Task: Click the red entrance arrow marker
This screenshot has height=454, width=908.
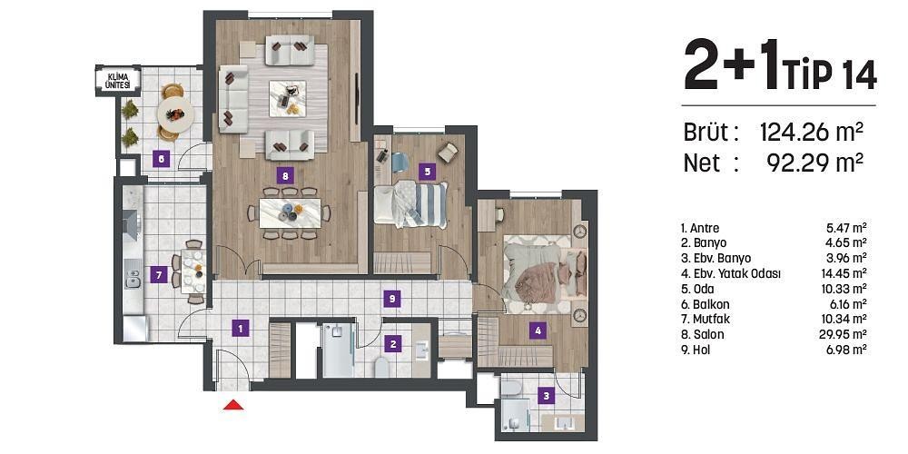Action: [233, 405]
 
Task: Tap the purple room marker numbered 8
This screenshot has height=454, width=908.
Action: [286, 177]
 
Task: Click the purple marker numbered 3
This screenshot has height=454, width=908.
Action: [546, 395]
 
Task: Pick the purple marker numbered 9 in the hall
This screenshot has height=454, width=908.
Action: [391, 297]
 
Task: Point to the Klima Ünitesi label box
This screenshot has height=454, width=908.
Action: [118, 80]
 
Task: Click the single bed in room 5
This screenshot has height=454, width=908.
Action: [413, 202]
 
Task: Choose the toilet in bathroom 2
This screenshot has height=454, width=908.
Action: [383, 366]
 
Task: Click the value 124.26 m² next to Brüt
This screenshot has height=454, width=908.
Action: [810, 133]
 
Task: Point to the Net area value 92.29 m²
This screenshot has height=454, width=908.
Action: [810, 163]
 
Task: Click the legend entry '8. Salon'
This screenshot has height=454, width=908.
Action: [706, 334]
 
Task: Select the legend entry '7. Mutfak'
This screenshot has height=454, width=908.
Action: [709, 319]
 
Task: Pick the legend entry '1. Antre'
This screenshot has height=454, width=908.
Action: [705, 227]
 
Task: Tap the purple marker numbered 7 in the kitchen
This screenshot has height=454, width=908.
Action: [158, 273]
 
